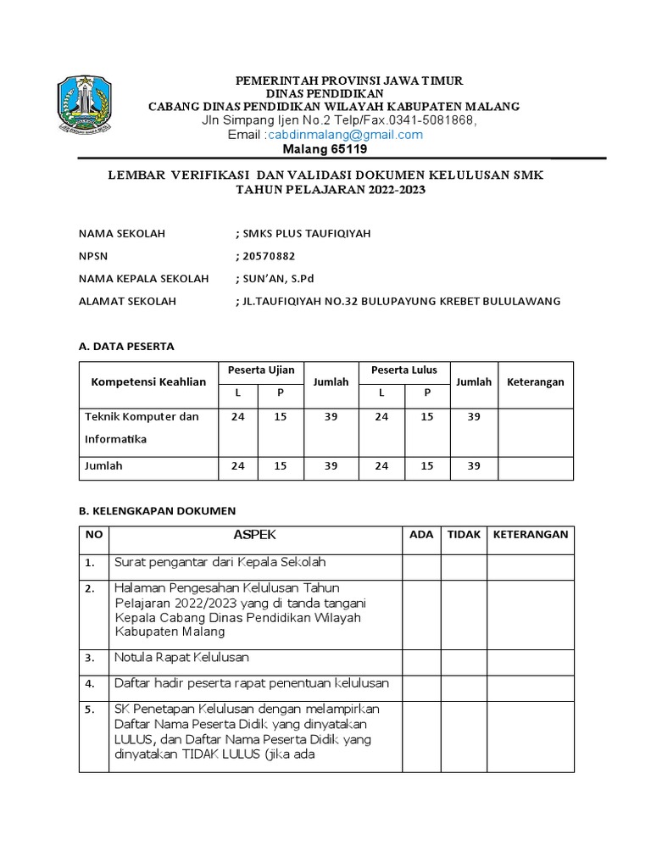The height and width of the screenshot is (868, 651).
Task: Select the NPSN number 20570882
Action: pyautogui.click(x=267, y=256)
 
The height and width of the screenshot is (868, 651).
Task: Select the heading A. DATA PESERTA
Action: pyautogui.click(x=126, y=347)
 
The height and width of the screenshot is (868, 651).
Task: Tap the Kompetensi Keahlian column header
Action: pyautogui.click(x=148, y=382)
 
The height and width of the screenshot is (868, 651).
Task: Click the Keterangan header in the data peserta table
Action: pyautogui.click(x=535, y=382)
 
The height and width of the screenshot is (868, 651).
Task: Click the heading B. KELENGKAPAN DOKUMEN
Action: pyautogui.click(x=157, y=510)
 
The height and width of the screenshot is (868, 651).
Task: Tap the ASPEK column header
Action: pyautogui.click(x=254, y=535)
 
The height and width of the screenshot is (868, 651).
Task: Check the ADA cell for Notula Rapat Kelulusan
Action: pyautogui.click(x=420, y=658)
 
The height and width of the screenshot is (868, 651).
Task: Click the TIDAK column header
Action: pyautogui.click(x=464, y=535)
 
